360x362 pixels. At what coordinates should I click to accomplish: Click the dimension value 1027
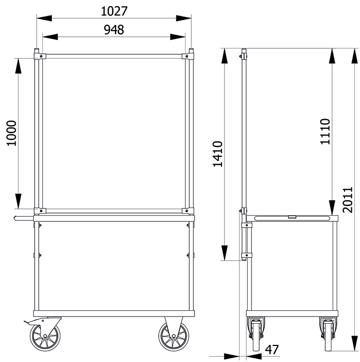coord(114,11)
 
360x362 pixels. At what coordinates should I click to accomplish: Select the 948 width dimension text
coord(114,30)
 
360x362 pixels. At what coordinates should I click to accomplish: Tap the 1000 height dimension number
coord(11,133)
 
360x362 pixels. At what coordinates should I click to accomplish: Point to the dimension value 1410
coord(218,154)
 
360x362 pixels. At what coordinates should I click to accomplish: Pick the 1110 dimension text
coord(325,131)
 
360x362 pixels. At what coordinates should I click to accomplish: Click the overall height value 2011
coord(348,200)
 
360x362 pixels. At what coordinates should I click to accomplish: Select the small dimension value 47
coord(272,350)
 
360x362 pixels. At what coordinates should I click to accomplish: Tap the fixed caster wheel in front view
coord(173,336)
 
